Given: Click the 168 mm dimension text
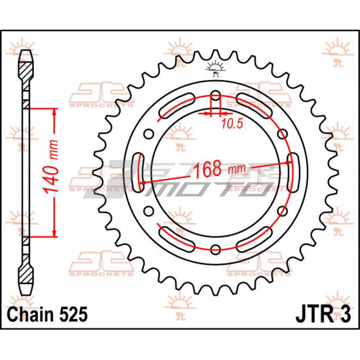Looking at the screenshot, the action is click(x=220, y=169).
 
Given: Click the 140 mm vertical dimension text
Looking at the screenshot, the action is click(x=51, y=167).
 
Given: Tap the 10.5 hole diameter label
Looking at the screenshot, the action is click(x=232, y=124).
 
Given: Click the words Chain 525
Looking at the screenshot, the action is click(x=47, y=314).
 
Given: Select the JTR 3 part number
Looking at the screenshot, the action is click(x=323, y=315).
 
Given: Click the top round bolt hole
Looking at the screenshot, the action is click(x=215, y=96).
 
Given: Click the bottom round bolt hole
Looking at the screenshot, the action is click(x=215, y=249).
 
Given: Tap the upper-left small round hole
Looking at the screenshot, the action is click(x=149, y=134).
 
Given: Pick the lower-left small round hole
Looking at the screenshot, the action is click(x=149, y=210).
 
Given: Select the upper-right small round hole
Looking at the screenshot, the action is click(x=282, y=134).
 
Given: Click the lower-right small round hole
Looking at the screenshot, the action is click(x=282, y=210).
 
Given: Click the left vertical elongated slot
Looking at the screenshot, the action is click(x=139, y=172).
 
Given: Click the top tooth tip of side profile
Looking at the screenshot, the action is click(x=26, y=50).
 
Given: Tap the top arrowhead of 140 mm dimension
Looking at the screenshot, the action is click(x=54, y=112).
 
